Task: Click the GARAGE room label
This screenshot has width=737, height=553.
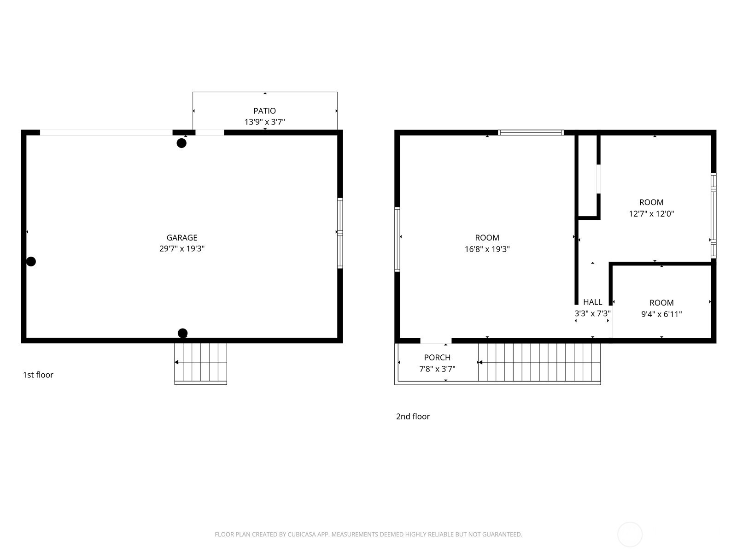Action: (181, 238)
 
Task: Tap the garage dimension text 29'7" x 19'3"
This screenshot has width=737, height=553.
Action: (181, 248)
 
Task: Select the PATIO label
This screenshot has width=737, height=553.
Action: (264, 111)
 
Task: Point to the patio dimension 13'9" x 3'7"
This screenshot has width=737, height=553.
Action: (264, 122)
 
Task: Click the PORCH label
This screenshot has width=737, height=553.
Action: (437, 358)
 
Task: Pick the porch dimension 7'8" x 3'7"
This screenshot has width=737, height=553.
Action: (437, 369)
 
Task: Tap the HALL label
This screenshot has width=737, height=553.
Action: (593, 302)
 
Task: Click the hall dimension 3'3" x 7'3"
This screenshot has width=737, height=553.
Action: (593, 314)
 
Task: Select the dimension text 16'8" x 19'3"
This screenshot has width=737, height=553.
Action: (487, 249)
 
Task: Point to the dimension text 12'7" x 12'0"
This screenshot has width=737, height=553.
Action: (651, 214)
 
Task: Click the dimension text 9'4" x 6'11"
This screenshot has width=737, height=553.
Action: (661, 314)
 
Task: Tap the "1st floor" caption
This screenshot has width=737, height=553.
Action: (38, 375)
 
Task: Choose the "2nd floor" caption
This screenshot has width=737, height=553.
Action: (413, 417)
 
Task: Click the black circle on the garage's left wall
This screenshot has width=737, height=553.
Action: (31, 262)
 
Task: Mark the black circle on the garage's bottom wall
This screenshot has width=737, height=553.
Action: (183, 333)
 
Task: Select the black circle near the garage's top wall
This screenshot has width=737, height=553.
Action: (181, 143)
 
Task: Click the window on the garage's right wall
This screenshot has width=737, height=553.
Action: (340, 233)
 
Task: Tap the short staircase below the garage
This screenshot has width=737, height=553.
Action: (201, 364)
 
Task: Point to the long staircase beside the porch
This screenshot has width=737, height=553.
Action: (539, 363)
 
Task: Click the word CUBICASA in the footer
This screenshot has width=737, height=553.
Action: (302, 535)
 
